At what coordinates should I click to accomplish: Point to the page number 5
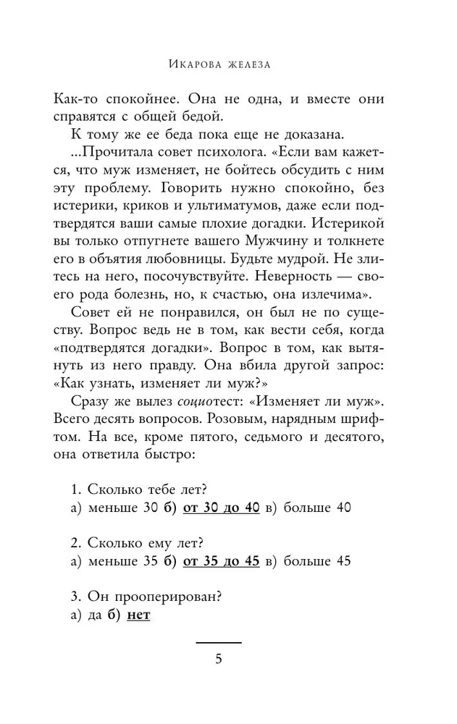point(219,659)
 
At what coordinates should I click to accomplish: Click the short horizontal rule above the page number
point(219,642)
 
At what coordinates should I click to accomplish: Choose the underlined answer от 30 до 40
point(222,508)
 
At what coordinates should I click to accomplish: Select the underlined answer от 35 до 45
point(222,560)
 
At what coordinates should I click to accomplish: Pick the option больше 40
point(317,508)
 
